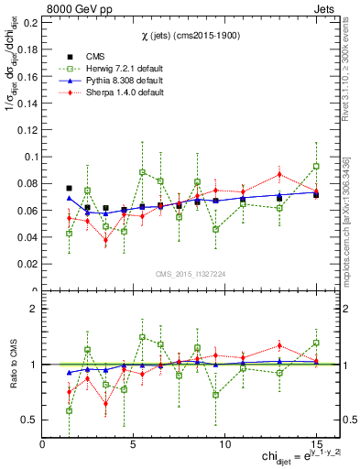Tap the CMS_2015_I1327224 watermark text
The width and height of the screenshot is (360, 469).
[x=190, y=273]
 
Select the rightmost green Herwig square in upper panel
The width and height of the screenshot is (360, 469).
[x=316, y=167]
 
